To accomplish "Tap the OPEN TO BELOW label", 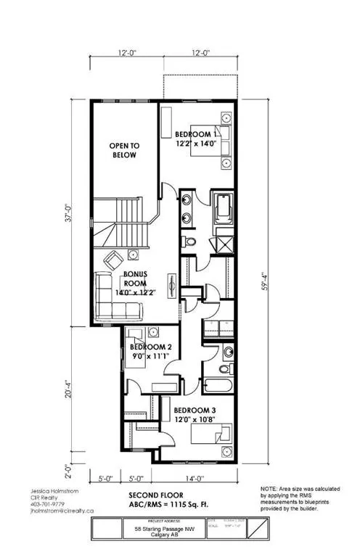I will [x=123, y=150].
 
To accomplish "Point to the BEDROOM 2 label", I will [x=150, y=347].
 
